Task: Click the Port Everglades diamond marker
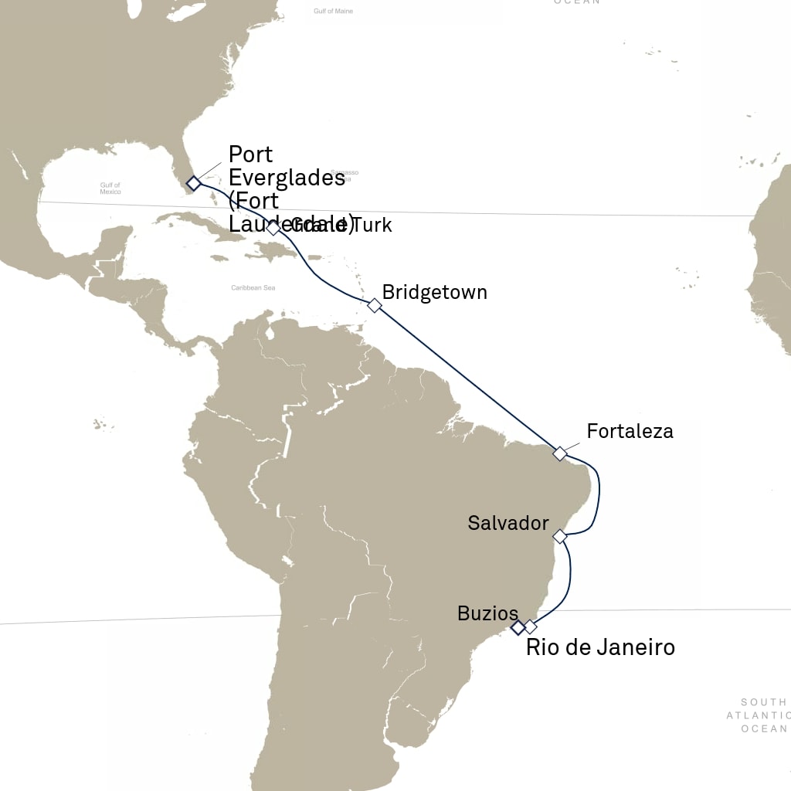coord(193,183)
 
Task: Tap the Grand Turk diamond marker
coord(273,228)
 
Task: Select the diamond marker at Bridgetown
coord(375,305)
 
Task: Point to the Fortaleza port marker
coord(560,453)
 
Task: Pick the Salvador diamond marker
coord(561,535)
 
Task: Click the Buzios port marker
coord(531,626)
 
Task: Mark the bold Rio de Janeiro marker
coord(518,628)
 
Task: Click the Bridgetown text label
coord(434,293)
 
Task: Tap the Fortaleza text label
coord(630,431)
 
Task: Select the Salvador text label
coord(508,523)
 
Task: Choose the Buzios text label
coord(487,614)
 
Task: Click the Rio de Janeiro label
coord(600,647)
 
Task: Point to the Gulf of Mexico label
coord(110,188)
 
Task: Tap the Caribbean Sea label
coord(253,288)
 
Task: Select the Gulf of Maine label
coord(333,12)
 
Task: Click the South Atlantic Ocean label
coord(764,715)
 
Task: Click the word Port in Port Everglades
coord(251,154)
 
